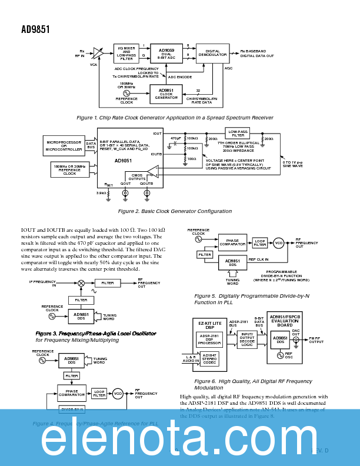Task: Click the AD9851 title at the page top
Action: pos(35,29)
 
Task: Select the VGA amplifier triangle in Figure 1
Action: pos(98,54)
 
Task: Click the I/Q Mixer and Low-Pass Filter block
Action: pos(126,54)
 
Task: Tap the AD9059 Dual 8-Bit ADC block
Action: pos(166,54)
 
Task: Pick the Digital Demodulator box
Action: pos(212,54)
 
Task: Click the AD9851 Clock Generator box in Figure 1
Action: pos(166,94)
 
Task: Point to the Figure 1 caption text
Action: pos(175,118)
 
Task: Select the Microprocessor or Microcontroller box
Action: pos(64,145)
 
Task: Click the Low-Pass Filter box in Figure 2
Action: pos(238,134)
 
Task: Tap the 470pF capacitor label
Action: pos(175,138)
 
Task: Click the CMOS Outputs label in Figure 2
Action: pos(137,177)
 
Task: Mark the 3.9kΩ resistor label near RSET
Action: pos(101,192)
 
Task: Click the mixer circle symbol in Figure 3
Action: pos(81,283)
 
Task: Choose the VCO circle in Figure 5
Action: pos(278,242)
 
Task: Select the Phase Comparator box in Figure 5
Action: pos(232,242)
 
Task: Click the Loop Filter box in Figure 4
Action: pos(99,394)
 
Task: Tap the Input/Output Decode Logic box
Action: pos(247,340)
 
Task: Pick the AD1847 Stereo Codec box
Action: pos(209,358)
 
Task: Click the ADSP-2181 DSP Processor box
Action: pos(209,339)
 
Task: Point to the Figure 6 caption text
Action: pos(253,384)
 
